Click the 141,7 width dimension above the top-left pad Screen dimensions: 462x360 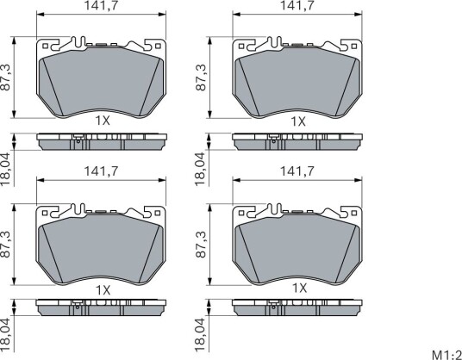tap(101, 5)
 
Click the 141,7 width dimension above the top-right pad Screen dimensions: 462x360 tap(297, 5)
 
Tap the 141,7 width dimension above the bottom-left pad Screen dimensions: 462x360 tap(101, 171)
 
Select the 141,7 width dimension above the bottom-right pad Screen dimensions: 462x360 tap(297, 171)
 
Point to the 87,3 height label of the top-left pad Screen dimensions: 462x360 tap(5, 78)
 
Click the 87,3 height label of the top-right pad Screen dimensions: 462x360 tap(201, 78)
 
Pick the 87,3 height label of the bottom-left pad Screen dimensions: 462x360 tap(5, 245)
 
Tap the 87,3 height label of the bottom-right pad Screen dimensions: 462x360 tap(201, 245)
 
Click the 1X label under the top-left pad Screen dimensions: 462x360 tap(103, 121)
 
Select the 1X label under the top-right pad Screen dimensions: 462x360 tap(298, 121)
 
